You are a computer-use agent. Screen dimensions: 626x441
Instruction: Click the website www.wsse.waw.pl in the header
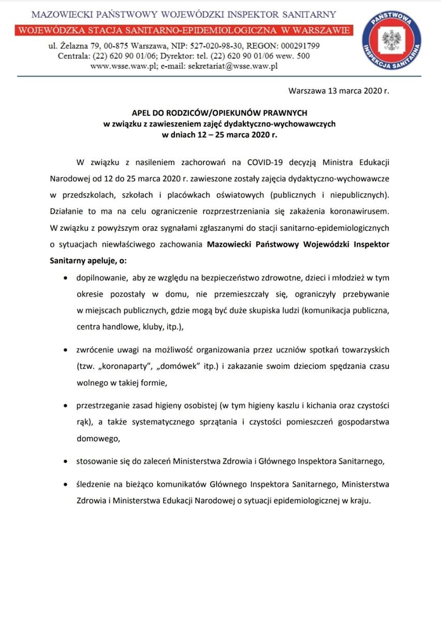[x=119, y=66]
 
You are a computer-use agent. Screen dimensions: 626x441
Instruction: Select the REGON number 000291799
[x=294, y=46]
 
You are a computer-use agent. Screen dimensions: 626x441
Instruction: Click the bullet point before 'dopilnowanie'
[x=65, y=278]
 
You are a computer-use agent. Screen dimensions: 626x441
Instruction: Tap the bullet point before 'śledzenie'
[x=65, y=485]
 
